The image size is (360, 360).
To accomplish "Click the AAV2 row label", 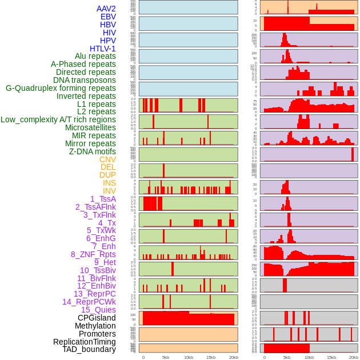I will [106, 9].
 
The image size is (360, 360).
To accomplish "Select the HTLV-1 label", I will [103, 49].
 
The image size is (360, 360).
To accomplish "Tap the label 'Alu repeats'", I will [95, 56].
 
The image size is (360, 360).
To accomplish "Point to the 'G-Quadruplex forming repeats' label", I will [61, 88].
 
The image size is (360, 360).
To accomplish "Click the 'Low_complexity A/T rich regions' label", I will [58, 119].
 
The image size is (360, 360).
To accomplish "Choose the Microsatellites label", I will [90, 127].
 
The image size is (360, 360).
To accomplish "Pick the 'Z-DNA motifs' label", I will [93, 151].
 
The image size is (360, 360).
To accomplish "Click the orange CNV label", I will [107, 159].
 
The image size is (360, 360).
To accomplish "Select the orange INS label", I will [109, 183].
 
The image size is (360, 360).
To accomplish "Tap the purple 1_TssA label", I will [103, 199].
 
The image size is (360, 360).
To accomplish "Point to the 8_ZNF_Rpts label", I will [93, 254].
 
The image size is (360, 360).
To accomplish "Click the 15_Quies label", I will [98, 310].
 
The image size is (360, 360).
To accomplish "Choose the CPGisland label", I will [97, 318].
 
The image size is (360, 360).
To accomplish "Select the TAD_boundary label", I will [89, 349].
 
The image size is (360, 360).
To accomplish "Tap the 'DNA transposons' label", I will [85, 80].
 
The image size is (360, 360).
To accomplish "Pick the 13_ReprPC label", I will [94, 294].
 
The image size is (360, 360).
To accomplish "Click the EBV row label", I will [108, 17].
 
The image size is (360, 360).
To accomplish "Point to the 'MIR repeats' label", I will [94, 135].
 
